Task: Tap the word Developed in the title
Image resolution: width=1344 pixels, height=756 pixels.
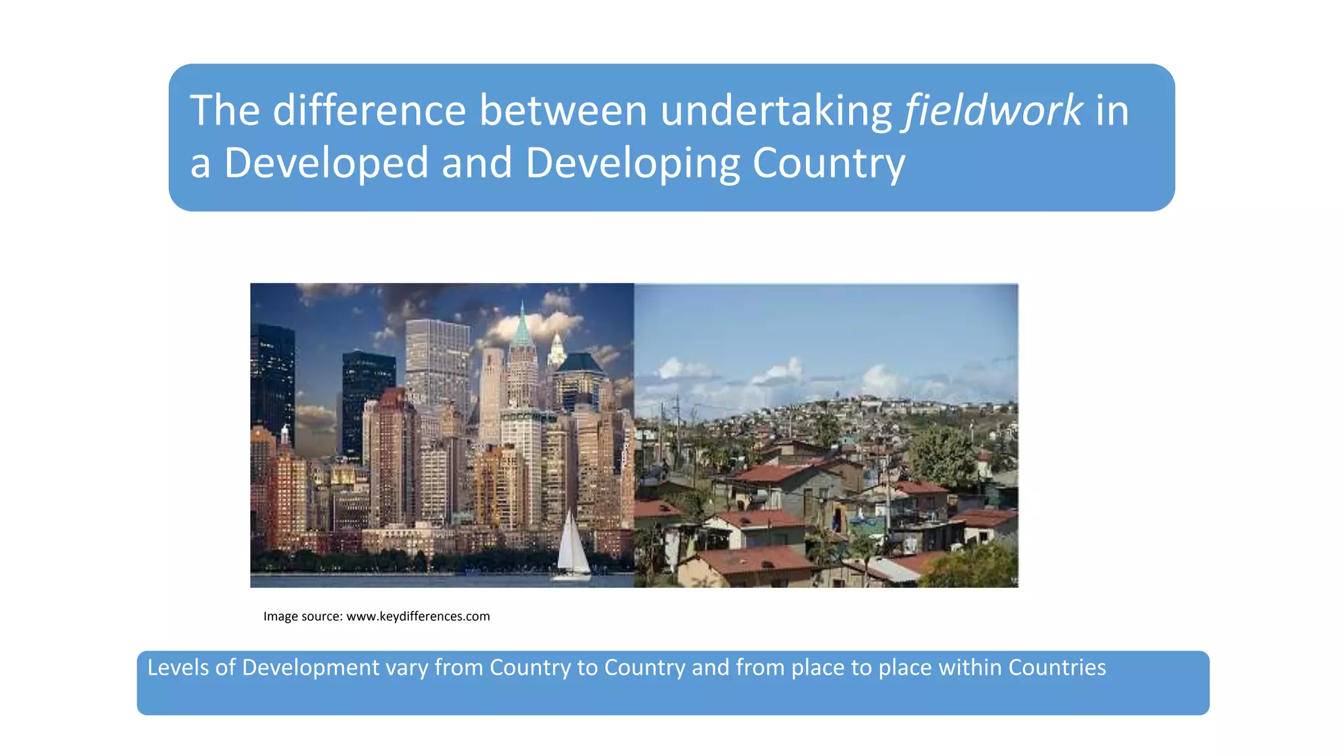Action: (x=326, y=163)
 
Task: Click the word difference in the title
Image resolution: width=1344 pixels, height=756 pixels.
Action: (x=369, y=110)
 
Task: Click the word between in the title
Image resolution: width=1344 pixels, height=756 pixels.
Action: (x=563, y=110)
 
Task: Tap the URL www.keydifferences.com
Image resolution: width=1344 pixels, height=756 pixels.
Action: (x=418, y=616)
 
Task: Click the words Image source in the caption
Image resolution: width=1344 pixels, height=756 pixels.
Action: (x=302, y=616)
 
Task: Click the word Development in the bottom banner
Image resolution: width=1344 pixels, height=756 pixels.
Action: (x=310, y=667)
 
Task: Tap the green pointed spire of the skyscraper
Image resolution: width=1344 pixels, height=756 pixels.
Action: (x=522, y=328)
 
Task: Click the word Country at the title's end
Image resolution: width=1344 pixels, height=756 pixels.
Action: (x=828, y=163)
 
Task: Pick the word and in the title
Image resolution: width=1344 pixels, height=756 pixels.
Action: (x=477, y=163)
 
